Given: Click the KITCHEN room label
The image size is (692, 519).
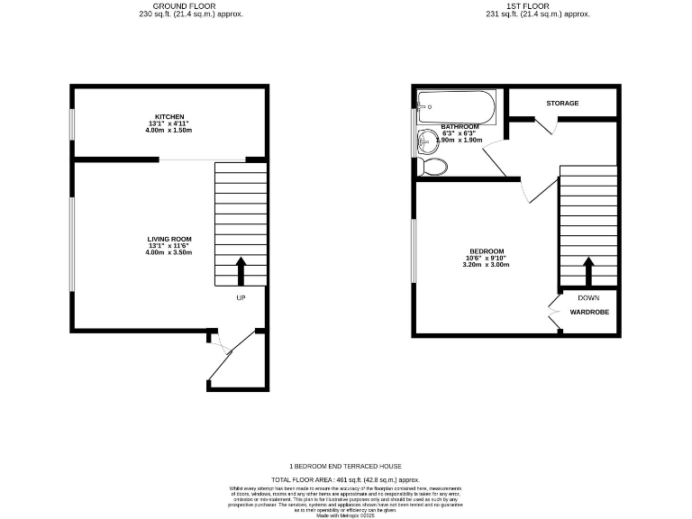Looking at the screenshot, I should coord(169,117).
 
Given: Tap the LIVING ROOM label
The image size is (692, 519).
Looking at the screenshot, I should coord(169,239).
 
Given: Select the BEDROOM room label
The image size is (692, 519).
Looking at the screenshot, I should coord(486,250).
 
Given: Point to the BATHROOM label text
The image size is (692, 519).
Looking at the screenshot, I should coord(460,127).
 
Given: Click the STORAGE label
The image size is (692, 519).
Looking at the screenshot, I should coord(562,104).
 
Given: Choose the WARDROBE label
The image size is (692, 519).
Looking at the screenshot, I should coord(589,312).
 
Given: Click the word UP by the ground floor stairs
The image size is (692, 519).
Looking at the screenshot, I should coord(241,297).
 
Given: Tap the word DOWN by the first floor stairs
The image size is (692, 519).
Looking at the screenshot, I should coord(588,297).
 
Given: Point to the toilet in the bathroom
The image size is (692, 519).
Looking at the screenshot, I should coord(435,167).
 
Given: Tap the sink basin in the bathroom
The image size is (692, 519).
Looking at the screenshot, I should coord(425,141).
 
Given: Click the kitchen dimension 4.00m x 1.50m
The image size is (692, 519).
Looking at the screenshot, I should coord(169,131).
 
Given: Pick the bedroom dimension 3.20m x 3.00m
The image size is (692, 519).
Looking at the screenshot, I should coord(486,265).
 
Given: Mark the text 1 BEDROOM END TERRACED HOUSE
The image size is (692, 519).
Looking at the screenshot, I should coord(345,466).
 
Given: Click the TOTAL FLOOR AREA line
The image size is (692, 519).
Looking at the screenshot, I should coord(345,479).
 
